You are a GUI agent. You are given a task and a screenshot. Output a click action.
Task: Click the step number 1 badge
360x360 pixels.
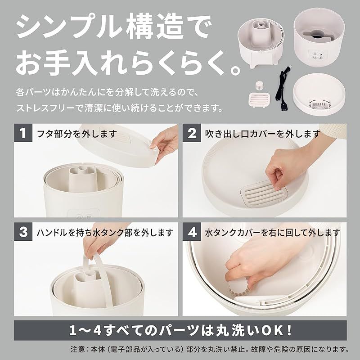coord(23,133)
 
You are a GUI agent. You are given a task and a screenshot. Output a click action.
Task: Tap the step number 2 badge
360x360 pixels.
coord(192,133)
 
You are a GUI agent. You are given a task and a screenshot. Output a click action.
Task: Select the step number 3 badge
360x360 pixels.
coord(23,232)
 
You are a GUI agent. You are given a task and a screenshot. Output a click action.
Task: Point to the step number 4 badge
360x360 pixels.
coord(192,232)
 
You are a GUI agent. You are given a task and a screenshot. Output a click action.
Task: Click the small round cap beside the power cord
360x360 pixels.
coord(260,85)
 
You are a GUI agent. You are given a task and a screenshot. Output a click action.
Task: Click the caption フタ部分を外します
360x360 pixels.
coord(76,133)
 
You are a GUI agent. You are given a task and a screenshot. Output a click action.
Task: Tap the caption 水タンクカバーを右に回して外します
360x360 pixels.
coord(273,232)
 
